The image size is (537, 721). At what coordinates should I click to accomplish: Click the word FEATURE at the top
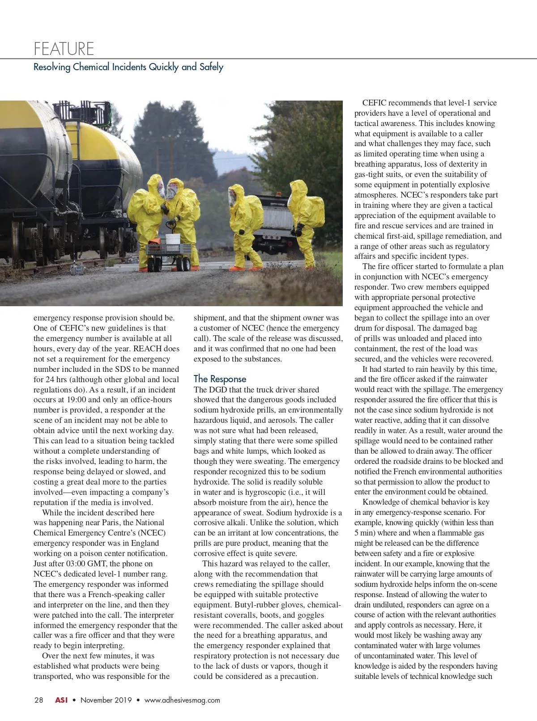click(x=64, y=48)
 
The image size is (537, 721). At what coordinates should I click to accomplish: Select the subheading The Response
click(x=220, y=379)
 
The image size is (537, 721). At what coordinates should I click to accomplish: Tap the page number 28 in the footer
click(x=38, y=700)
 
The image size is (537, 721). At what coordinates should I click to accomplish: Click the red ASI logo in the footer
click(x=61, y=700)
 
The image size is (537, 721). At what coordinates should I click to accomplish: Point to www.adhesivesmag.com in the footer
click(x=182, y=700)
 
